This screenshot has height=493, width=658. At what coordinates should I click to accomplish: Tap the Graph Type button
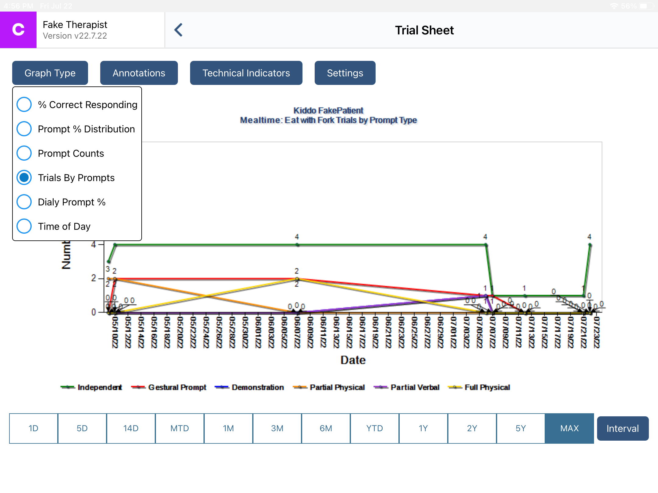(x=50, y=73)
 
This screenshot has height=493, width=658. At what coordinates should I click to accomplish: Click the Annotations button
(x=139, y=73)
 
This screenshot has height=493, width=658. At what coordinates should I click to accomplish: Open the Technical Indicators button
(x=246, y=73)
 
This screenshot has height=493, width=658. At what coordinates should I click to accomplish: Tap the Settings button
(x=345, y=73)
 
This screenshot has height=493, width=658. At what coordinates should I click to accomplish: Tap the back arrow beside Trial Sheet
(x=179, y=30)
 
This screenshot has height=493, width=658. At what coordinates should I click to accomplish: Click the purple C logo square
(x=18, y=30)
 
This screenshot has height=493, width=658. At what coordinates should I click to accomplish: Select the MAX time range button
(x=569, y=428)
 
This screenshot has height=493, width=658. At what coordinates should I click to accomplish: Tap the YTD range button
(x=374, y=428)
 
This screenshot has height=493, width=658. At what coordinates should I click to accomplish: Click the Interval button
(x=622, y=428)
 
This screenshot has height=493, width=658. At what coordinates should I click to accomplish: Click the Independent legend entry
(x=91, y=387)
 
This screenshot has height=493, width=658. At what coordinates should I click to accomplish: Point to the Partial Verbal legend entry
(x=407, y=387)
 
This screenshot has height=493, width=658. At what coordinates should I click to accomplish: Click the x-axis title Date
(x=353, y=360)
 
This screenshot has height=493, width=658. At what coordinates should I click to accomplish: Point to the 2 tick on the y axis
(x=94, y=278)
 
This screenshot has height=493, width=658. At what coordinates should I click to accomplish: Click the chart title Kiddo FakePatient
(x=328, y=110)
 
